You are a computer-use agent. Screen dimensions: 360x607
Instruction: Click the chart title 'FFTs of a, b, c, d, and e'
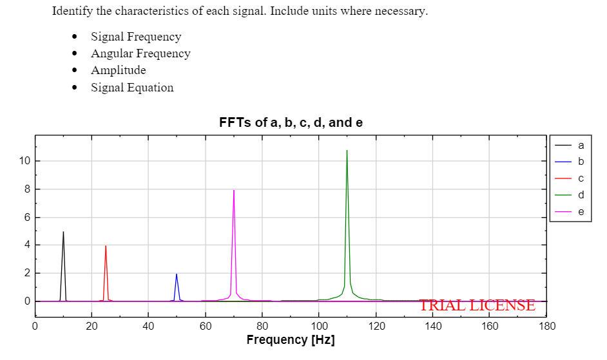pyautogui.click(x=291, y=122)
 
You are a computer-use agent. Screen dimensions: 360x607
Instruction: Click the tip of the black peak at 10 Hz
pyautogui.click(x=63, y=232)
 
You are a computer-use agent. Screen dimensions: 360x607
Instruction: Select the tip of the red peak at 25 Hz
pyautogui.click(x=106, y=246)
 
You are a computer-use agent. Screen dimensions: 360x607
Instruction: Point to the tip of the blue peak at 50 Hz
pyautogui.click(x=177, y=274)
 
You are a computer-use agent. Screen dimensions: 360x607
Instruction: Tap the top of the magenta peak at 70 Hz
pyautogui.click(x=234, y=191)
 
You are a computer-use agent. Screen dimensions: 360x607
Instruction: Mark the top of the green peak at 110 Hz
pyautogui.click(x=347, y=151)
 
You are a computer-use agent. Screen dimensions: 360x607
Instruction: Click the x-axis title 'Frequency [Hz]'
pyautogui.click(x=291, y=340)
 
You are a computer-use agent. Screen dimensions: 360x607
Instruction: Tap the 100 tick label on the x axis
pyautogui.click(x=319, y=327)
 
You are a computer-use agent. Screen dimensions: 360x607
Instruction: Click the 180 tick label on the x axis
pyautogui.click(x=546, y=327)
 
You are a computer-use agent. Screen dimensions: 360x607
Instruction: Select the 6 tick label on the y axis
pyautogui.click(x=26, y=218)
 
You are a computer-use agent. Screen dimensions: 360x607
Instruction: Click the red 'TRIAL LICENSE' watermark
pyautogui.click(x=477, y=305)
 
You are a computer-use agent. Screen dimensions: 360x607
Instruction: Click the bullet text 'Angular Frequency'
pyautogui.click(x=140, y=53)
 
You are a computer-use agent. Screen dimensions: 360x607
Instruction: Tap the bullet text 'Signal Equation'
pyautogui.click(x=132, y=88)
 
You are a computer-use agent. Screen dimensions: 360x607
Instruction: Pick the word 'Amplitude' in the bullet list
pyautogui.click(x=118, y=70)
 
